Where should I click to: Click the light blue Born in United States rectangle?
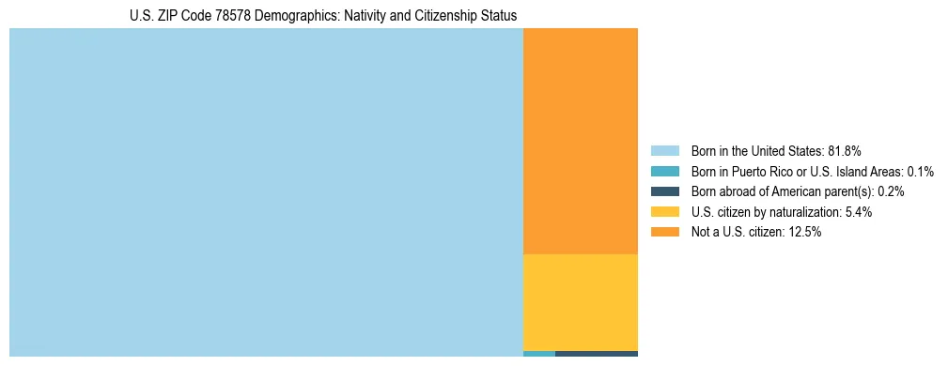point(266,192)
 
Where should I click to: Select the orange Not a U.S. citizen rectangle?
point(580,141)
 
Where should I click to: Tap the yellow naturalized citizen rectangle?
point(580,302)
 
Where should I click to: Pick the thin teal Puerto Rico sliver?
point(538,354)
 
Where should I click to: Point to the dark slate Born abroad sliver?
point(597,354)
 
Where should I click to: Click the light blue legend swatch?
point(664,151)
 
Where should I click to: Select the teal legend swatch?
point(664,172)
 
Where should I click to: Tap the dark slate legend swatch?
point(664,191)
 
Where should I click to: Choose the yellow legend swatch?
point(664,212)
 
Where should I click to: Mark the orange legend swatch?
point(664,232)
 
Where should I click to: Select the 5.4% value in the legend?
point(856,212)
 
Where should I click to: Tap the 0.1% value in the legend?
point(918,172)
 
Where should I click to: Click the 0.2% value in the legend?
point(890,191)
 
